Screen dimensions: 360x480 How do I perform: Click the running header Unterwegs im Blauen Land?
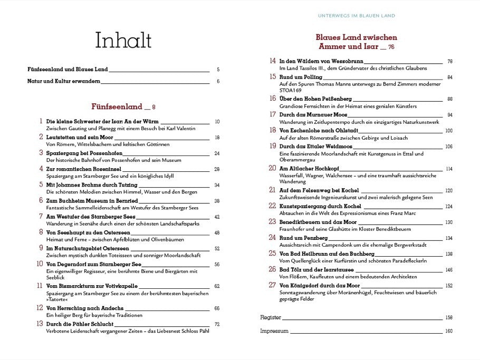pos(356,16)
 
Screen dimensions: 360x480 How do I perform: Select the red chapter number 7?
pos(41,216)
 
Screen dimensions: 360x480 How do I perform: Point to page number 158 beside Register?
pos(449,318)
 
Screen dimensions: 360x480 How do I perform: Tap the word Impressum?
pos(274,331)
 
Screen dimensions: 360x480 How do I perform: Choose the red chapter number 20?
pos(272,168)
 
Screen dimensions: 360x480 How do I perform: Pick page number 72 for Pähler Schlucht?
pos(216,324)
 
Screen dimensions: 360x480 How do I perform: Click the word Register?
pos(271,318)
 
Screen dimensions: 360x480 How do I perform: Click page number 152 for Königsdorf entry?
pos(449,285)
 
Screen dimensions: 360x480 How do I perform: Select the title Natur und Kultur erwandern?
pos(63,82)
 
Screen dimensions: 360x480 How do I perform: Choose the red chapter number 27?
pos(272,285)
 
